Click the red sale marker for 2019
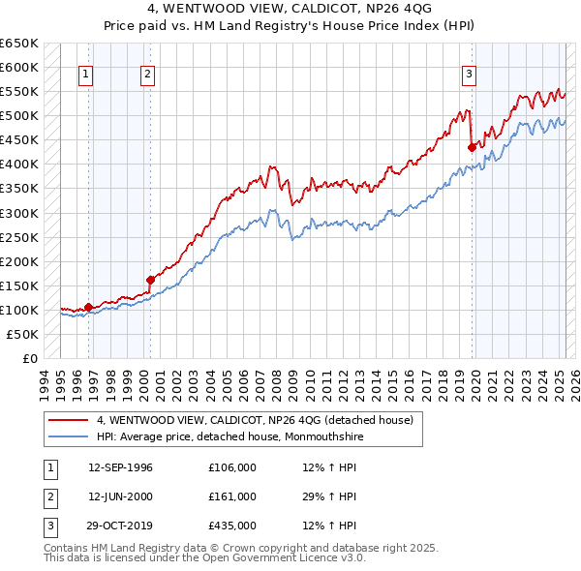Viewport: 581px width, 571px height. (472, 147)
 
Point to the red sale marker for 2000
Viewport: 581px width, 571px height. (150, 280)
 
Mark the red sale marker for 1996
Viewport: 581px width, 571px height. (88, 307)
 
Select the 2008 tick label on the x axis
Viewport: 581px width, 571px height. (277, 382)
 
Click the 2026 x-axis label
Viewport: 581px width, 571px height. (573, 382)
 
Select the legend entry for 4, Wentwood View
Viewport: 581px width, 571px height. (255, 420)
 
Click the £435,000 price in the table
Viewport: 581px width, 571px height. (232, 526)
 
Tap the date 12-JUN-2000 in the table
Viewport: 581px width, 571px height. (120, 496)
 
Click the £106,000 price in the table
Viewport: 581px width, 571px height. (232, 467)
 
